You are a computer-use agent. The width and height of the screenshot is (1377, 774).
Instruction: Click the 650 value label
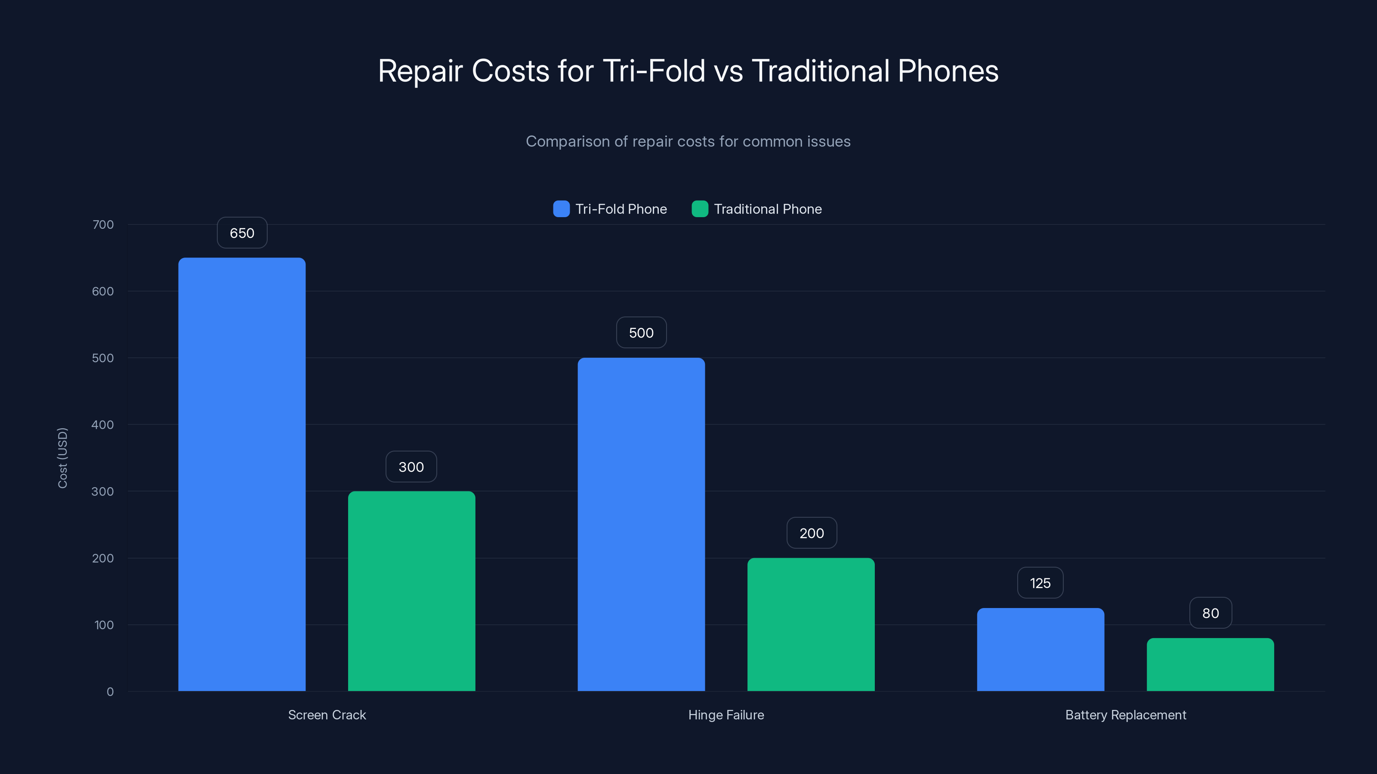[241, 233]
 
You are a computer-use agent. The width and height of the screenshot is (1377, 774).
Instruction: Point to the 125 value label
[1040, 583]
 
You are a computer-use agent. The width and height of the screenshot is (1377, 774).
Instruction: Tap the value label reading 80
[1210, 613]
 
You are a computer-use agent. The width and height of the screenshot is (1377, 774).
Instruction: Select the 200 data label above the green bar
[812, 533]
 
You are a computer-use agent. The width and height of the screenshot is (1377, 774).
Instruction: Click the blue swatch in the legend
[561, 209]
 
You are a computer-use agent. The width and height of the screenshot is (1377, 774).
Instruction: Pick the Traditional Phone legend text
[768, 209]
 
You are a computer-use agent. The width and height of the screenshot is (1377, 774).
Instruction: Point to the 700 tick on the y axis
[103, 224]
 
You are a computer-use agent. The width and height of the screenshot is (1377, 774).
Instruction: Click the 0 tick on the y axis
[110, 692]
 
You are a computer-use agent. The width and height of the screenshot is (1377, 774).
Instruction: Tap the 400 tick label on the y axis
[103, 425]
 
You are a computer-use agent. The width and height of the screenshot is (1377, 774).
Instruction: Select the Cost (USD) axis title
[62, 458]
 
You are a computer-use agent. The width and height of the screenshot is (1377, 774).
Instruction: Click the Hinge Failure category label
[726, 715]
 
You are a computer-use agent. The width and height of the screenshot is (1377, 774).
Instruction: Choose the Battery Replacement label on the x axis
[1125, 715]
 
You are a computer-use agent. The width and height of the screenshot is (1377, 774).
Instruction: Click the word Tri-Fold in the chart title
[654, 71]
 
